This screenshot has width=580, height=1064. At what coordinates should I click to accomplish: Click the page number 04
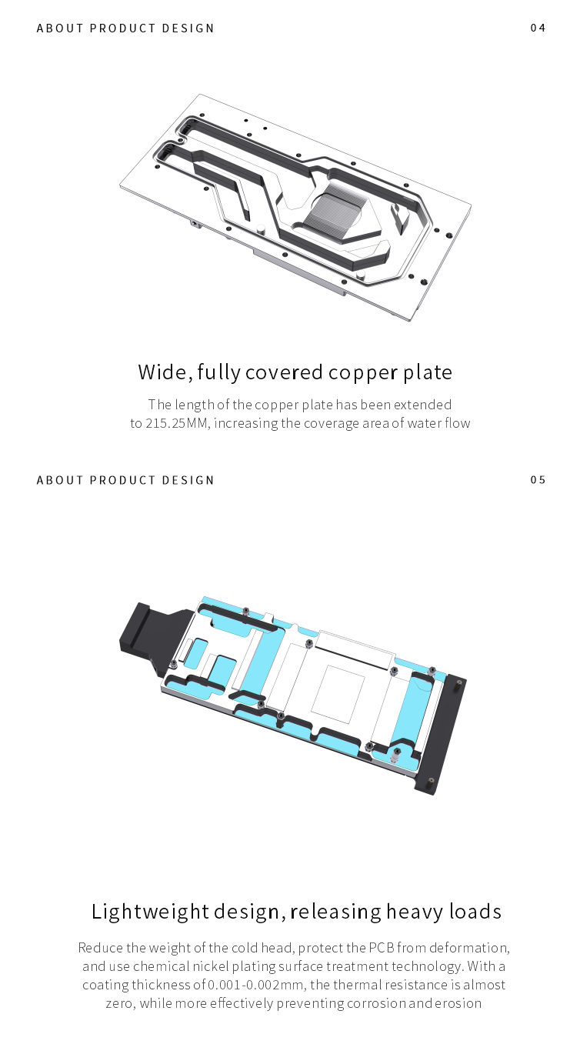point(538,28)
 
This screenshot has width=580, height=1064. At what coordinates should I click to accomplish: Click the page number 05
point(538,480)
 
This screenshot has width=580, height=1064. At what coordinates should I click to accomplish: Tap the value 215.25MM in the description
point(176,423)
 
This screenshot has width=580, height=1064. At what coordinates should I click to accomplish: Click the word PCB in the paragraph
point(382,948)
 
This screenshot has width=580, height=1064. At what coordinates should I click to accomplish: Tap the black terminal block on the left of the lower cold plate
point(150,630)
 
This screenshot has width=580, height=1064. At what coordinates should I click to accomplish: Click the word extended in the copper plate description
point(422,405)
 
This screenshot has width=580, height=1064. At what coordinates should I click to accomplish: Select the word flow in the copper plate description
point(457,423)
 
